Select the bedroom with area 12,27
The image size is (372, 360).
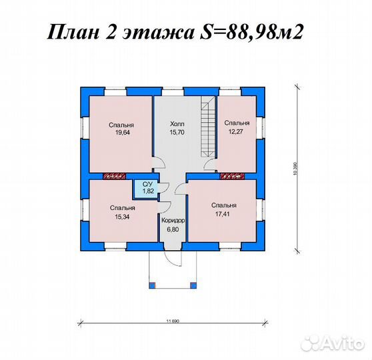pyautogui.click(x=236, y=133)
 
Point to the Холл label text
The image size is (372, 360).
pyautogui.click(x=177, y=123)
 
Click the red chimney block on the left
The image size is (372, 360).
pyautogui.click(x=116, y=177)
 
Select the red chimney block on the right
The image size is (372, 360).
pyautogui.click(x=232, y=177)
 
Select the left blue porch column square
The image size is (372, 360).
pyautogui.click(x=152, y=285)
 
